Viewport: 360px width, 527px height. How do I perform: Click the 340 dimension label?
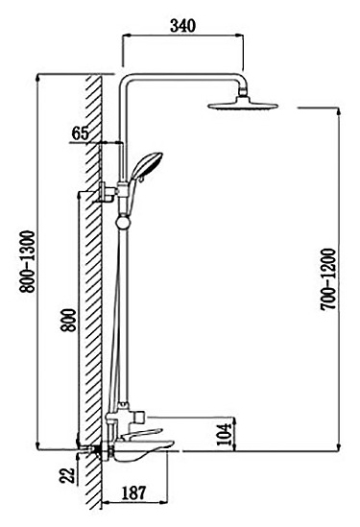pyautogui.click(x=182, y=26)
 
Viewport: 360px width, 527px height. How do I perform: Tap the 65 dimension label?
pyautogui.click(x=81, y=133)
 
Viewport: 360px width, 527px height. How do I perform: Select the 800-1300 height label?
pyautogui.click(x=27, y=261)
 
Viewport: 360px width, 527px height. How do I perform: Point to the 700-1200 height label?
pyautogui.click(x=328, y=279)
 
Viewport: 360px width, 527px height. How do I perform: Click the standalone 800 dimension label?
pyautogui.click(x=69, y=320)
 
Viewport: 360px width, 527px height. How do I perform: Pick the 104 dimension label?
pyautogui.click(x=225, y=434)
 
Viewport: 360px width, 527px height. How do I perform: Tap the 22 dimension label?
pyautogui.click(x=67, y=475)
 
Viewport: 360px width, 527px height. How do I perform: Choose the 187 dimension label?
pyautogui.click(x=133, y=492)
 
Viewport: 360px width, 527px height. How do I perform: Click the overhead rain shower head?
pyautogui.click(x=243, y=106)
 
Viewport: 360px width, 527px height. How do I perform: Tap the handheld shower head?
pyautogui.click(x=147, y=165)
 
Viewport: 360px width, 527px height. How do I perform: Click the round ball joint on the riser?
pyautogui.click(x=123, y=223)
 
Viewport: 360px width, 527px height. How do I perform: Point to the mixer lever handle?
pyautogui.click(x=141, y=434)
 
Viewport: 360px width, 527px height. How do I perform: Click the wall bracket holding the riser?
pyautogui.click(x=108, y=192)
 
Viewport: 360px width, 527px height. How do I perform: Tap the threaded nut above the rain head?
pyautogui.click(x=243, y=91)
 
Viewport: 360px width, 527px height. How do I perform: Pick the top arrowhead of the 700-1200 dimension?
pyautogui.click(x=338, y=111)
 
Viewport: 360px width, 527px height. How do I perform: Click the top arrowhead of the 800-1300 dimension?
pyautogui.click(x=37, y=78)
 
